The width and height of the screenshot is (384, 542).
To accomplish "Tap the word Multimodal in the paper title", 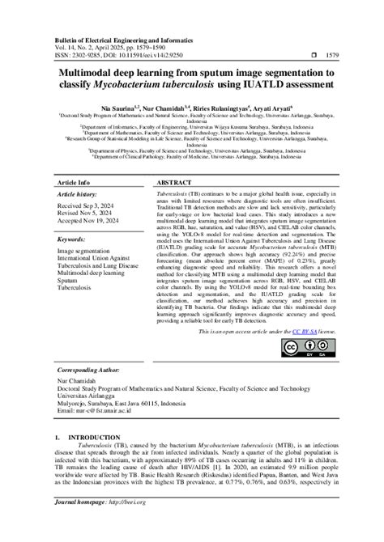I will coord(85,74).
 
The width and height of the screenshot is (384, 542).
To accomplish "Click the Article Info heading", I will coord(74,184).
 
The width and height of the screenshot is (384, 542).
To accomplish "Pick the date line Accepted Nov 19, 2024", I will coord(91,223).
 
